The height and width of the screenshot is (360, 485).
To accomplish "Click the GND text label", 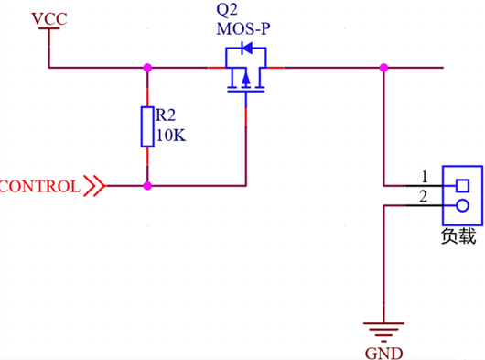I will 383,352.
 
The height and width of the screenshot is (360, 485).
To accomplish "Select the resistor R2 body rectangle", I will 146,126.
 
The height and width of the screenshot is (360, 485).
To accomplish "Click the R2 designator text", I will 166,115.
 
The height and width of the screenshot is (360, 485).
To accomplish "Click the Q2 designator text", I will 228,12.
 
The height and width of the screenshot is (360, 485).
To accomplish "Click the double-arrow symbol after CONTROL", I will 94,186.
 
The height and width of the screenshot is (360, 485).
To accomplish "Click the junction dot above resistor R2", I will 146,67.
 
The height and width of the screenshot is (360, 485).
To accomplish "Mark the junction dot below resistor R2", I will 146,185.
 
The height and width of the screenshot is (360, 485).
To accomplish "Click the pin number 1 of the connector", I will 423,176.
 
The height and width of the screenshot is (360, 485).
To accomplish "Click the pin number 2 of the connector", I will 423,196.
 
